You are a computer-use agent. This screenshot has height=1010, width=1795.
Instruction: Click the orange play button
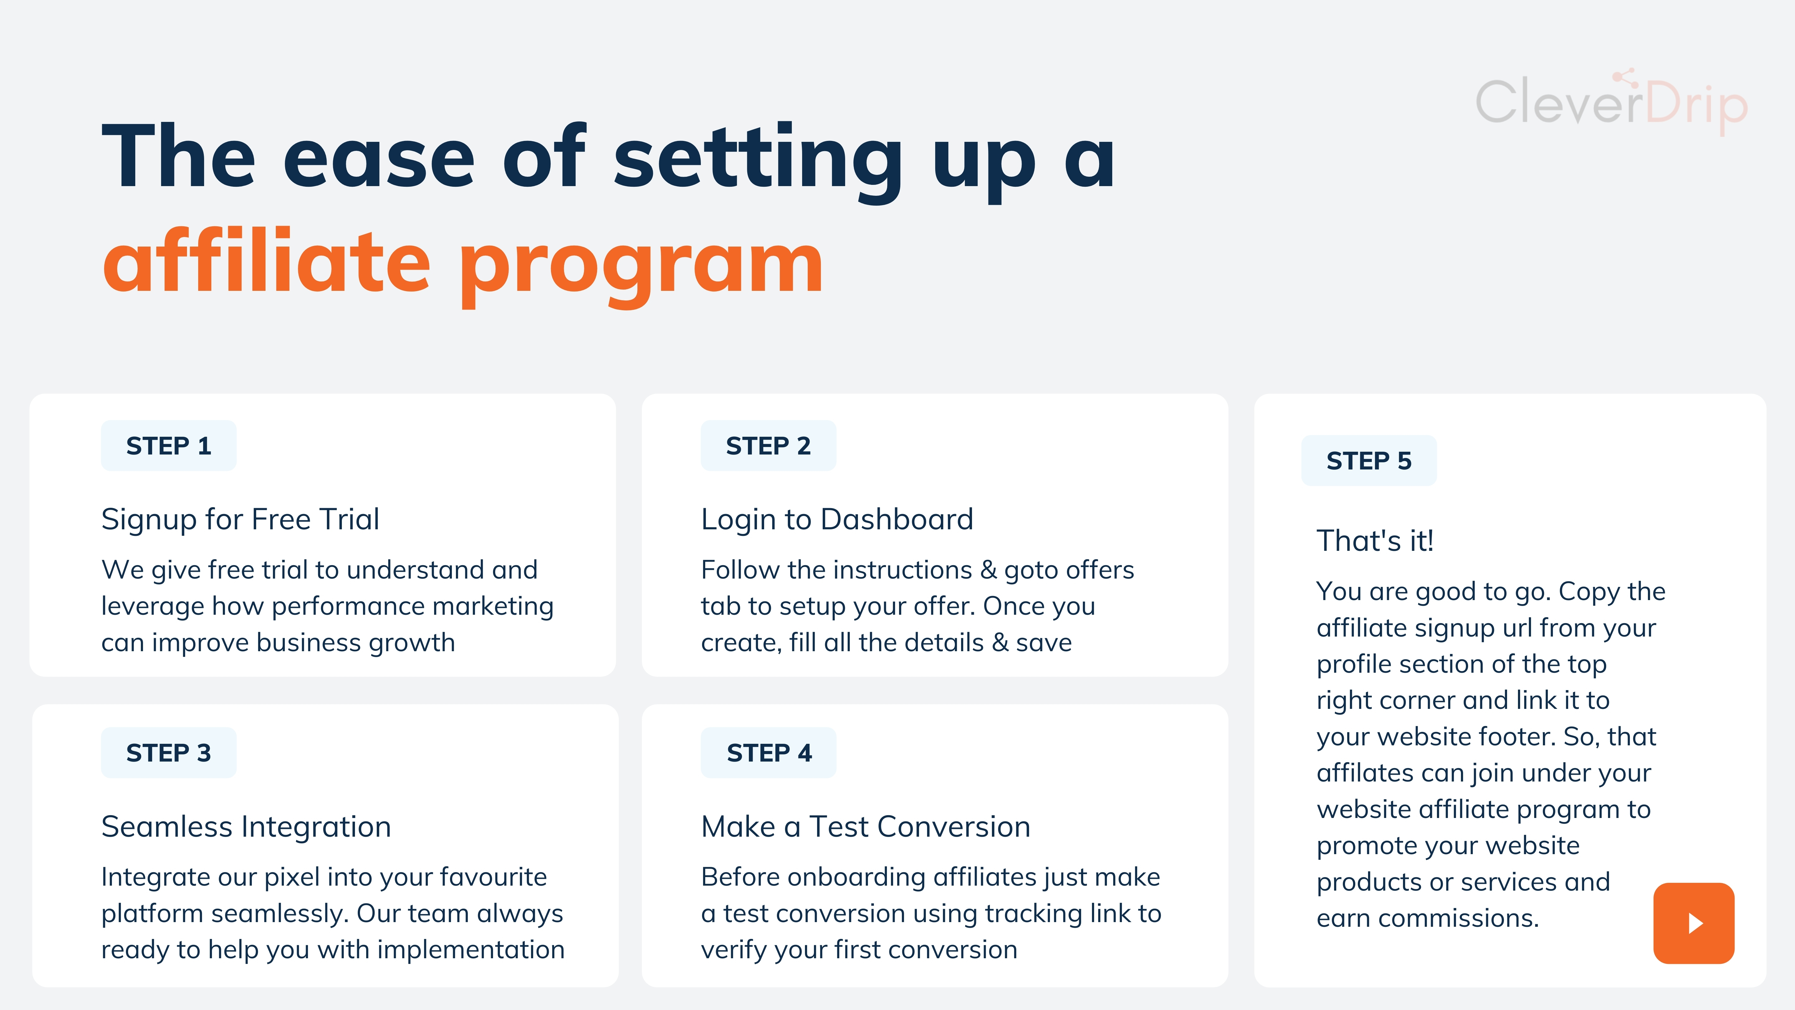pos(1693,923)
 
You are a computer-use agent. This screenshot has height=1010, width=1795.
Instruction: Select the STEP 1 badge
pos(169,445)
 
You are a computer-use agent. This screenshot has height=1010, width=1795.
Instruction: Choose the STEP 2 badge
pos(768,445)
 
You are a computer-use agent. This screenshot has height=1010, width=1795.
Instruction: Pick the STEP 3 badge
pos(169,753)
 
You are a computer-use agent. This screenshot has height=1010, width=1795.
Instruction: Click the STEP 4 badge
pos(768,753)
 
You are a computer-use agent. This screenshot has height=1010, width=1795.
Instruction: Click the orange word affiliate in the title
pos(267,262)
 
